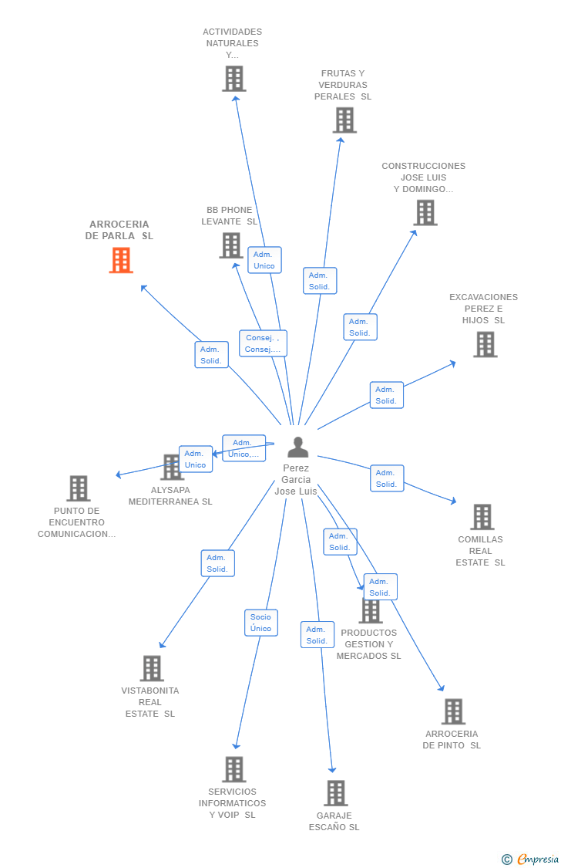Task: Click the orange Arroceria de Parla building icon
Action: (120, 260)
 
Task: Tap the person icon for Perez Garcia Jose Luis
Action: (297, 448)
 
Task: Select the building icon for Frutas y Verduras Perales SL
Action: (344, 120)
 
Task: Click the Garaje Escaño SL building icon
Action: (335, 792)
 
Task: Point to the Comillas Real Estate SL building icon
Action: (482, 517)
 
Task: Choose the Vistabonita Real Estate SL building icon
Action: (152, 668)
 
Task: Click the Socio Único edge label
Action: (260, 623)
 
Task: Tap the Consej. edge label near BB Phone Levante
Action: (263, 343)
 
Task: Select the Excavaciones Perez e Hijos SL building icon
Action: (485, 344)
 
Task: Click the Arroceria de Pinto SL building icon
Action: (453, 711)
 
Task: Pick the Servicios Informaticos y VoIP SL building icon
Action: (234, 769)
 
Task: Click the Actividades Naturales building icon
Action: (233, 79)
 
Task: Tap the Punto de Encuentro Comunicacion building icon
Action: (78, 488)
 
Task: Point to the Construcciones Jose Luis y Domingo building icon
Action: (425, 212)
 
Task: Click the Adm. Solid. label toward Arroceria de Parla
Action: (211, 355)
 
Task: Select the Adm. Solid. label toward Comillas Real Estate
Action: (386, 478)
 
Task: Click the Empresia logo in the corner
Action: (531, 859)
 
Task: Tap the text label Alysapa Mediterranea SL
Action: (170, 495)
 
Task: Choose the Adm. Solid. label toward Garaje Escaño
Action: (317, 634)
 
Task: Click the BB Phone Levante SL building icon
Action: (231, 245)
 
